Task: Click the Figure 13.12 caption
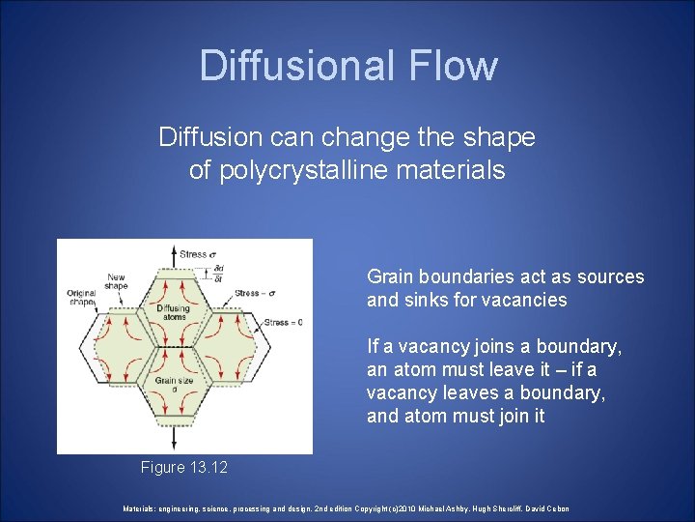point(184,468)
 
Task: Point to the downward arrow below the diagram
point(173,440)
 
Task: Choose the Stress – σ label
point(281,291)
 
